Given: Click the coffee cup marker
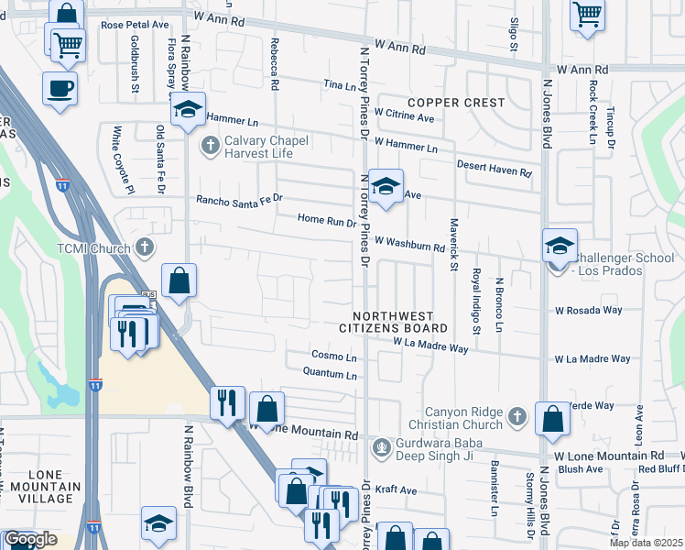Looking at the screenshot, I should tap(60, 89).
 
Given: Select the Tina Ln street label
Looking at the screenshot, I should tap(339, 84).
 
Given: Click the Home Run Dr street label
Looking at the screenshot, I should tap(326, 220).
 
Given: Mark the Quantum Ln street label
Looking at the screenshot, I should tap(330, 373).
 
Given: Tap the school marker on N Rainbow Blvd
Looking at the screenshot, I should tap(189, 110).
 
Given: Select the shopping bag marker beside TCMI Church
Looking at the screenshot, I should tap(180, 280).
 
